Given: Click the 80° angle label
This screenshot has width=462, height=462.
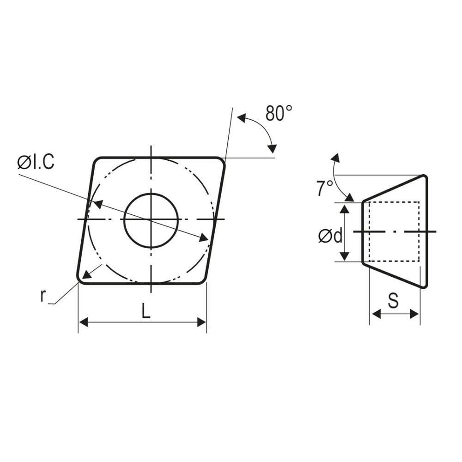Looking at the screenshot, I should point(279,113).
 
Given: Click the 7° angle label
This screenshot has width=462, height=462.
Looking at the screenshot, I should point(324,188).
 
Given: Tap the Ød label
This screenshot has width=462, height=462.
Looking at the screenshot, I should point(330,236).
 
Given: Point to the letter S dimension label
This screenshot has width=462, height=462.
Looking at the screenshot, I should point(393,301).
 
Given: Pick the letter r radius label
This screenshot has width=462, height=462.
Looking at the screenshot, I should point(43,296).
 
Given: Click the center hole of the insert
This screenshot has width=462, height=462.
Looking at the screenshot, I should point(151,220).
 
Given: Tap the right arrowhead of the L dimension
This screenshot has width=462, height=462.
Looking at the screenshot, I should point(202,322).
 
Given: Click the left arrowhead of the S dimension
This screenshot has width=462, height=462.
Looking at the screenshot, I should point(376,314).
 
